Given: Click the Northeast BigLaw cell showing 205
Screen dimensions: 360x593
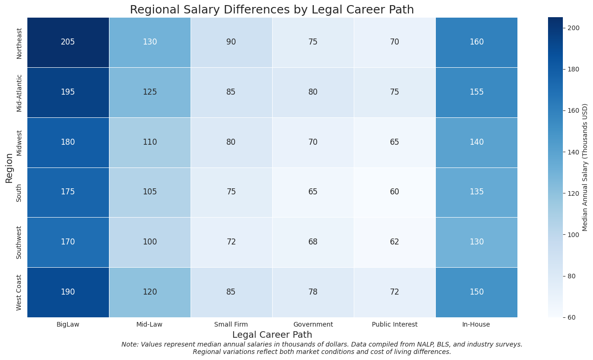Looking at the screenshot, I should (x=68, y=42).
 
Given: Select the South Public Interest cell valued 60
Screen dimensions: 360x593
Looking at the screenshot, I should (x=395, y=192).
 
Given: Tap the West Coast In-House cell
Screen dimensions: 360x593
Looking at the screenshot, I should (x=476, y=292).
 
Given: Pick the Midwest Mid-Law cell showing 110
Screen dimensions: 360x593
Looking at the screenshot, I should (x=150, y=142).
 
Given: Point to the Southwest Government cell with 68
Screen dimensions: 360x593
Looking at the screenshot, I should (x=313, y=242).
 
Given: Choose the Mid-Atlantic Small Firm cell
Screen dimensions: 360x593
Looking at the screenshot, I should (x=231, y=92).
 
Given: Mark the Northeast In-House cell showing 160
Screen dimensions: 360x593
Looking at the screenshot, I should (x=476, y=42).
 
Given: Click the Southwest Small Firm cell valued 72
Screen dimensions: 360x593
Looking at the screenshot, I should (x=231, y=242).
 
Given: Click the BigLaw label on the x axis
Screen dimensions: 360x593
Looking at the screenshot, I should (x=68, y=325).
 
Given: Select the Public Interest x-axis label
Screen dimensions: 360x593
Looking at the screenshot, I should (x=395, y=325).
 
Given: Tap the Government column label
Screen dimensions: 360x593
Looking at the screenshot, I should (x=313, y=325).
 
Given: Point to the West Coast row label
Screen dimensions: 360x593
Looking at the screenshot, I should (x=19, y=292).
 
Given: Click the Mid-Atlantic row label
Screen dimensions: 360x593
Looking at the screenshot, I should (x=19, y=92).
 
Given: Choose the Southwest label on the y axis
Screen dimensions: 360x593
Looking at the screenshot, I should (x=19, y=242).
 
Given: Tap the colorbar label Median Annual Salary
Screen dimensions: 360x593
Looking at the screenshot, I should (x=585, y=167).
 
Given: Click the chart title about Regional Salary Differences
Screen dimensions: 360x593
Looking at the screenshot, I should (x=272, y=10).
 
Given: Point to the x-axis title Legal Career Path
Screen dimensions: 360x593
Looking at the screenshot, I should (x=272, y=334).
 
